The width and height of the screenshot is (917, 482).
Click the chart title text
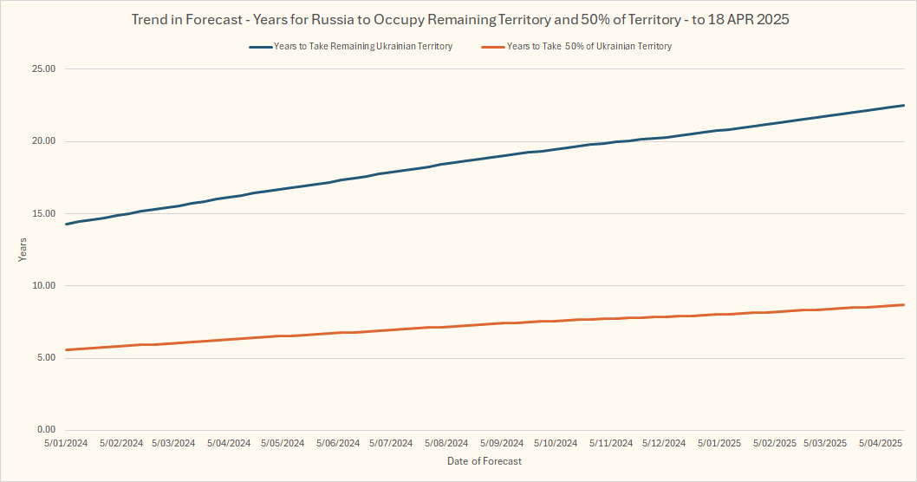coord(459,19)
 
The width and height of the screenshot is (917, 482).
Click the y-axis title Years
coord(23,250)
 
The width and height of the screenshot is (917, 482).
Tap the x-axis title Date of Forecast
coord(485,461)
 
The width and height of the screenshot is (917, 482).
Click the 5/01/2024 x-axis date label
coord(66,443)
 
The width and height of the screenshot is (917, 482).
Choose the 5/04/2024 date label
coord(229,443)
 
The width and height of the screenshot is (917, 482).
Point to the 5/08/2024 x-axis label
coord(446,443)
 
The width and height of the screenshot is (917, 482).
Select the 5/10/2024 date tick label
coord(556,443)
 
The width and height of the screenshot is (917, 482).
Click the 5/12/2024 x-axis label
coord(664,443)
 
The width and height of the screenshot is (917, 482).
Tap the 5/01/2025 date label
coord(719,443)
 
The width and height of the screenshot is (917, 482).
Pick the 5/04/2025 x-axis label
coord(880,443)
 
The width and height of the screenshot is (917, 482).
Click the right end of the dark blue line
coord(904,106)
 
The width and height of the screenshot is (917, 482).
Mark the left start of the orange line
coord(67,349)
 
